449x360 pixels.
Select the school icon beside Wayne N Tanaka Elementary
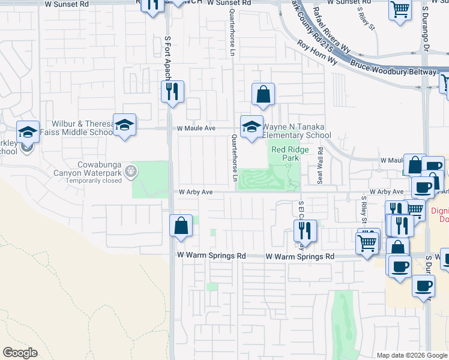252,126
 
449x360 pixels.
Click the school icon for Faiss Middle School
124,125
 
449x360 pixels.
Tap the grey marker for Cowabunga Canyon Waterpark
130,173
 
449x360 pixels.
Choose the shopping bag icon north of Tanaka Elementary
263,94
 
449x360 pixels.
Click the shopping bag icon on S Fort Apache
181,226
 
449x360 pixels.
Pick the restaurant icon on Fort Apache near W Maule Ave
172,92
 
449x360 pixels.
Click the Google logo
20,352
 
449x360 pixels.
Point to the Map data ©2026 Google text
411,355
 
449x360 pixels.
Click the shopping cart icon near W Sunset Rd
399,10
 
